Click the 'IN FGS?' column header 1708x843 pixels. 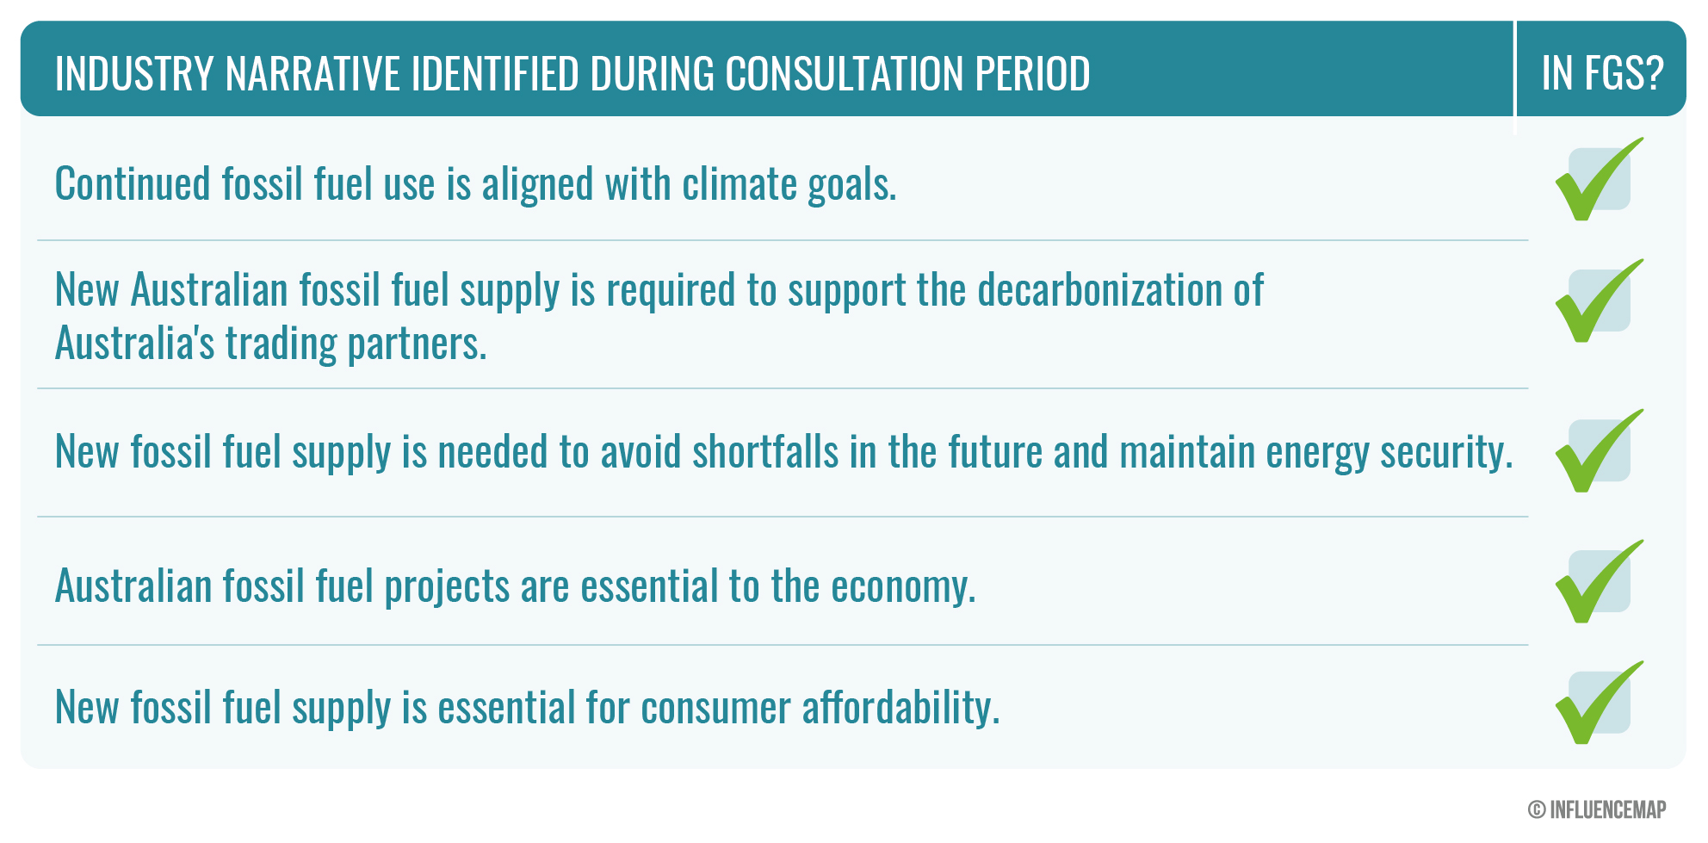pyautogui.click(x=1602, y=73)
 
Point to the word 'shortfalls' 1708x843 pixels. pyautogui.click(x=765, y=451)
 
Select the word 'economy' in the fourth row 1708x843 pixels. pyautogui.click(x=903, y=587)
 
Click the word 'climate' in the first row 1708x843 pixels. pyautogui.click(x=740, y=184)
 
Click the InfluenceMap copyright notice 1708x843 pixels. pyautogui.click(x=1597, y=809)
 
